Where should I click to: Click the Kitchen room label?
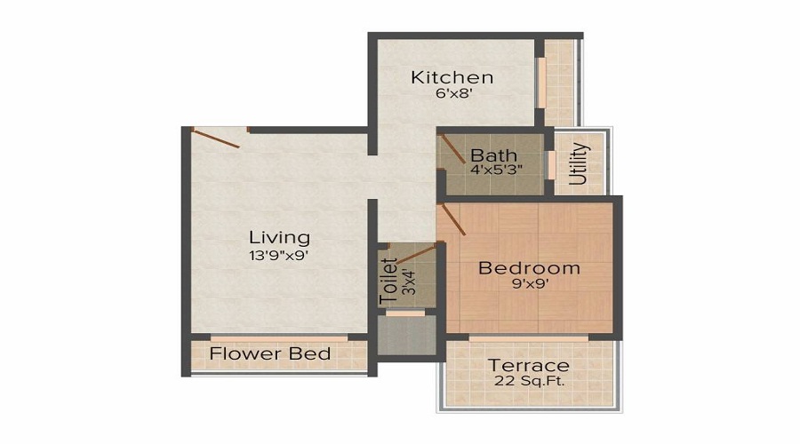452,77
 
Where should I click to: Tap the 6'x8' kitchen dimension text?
452,96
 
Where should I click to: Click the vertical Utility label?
579,163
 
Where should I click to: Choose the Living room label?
279,237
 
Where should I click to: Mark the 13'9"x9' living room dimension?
279,255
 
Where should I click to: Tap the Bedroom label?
529,267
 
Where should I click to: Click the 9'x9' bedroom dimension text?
529,285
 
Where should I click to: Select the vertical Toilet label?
388,282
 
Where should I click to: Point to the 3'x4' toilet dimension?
408,281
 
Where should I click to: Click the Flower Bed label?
270,353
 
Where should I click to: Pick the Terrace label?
529,366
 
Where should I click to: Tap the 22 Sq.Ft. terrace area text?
529,382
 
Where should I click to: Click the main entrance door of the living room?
217,136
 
